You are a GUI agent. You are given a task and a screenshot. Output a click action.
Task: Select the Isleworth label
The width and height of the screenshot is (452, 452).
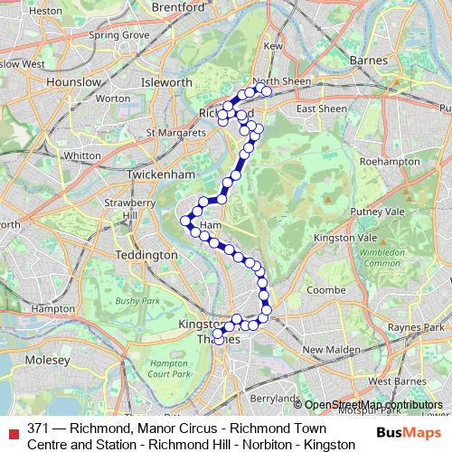coord(167,81)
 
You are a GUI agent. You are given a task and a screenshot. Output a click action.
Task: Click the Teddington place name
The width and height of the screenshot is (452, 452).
coord(146,255)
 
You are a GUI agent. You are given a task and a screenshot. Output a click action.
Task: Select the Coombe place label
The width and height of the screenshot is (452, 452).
coord(321,290)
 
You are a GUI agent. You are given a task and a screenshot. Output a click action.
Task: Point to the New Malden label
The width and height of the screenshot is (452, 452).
coord(326,349)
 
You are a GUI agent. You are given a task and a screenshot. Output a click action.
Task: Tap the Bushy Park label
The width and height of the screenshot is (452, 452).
coord(137,299)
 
